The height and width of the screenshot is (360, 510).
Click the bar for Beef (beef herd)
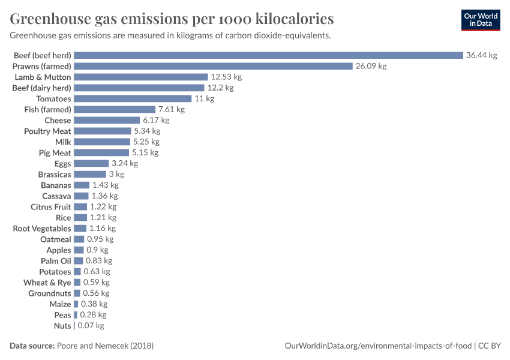tap(268, 55)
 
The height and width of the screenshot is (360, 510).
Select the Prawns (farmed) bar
tap(213, 66)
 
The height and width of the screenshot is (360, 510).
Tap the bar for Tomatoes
tap(133, 98)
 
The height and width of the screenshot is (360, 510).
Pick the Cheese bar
tap(107, 120)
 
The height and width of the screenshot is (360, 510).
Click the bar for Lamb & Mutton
tap(141, 77)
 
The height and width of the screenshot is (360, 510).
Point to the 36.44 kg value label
tap(482, 55)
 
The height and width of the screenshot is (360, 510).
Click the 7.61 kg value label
tap(171, 109)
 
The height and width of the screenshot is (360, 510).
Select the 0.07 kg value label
tap(91, 325)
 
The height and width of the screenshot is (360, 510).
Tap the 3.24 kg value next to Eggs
tap(125, 163)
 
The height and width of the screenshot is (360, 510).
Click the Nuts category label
tap(62, 325)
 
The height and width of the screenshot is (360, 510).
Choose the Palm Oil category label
tap(56, 260)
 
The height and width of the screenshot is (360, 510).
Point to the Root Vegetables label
tap(42, 228)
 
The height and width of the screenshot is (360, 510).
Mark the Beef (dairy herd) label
tap(42, 88)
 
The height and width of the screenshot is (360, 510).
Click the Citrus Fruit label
tap(51, 206)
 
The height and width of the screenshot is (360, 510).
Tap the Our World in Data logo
tap(481, 20)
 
